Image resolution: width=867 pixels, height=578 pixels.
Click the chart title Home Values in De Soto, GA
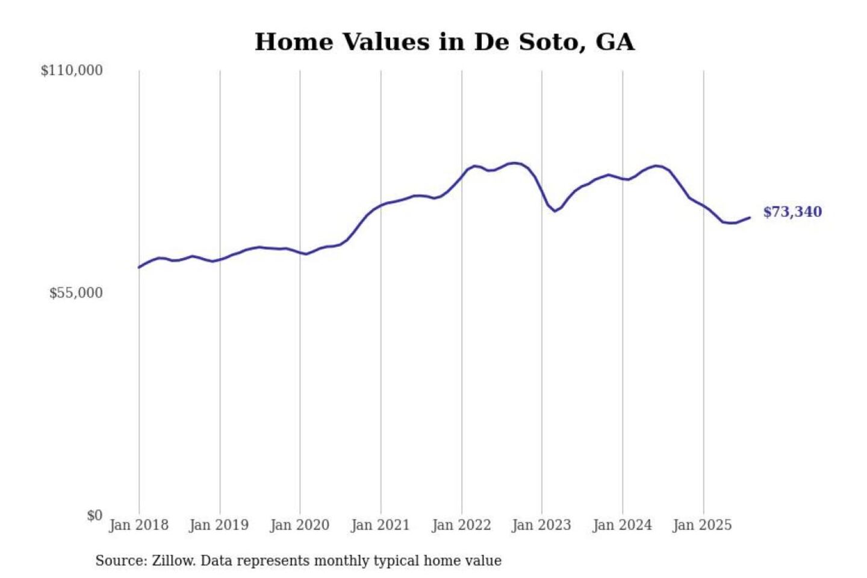coord(444,42)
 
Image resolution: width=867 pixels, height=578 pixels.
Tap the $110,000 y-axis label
coord(72,70)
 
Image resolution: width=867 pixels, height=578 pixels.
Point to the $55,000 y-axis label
coord(76,293)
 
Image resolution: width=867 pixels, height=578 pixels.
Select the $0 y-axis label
coord(95,515)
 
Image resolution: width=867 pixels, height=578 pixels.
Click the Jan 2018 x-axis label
coord(138,525)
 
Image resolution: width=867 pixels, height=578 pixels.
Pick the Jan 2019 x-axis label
coord(219,525)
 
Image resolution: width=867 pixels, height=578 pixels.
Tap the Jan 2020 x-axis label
coord(299,525)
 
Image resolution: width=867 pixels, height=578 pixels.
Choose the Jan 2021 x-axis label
coord(380,525)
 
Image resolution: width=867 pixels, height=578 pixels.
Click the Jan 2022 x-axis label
coord(461,525)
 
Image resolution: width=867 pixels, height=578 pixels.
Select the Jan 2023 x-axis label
coord(541,525)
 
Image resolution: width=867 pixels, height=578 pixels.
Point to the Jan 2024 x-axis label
coord(622,525)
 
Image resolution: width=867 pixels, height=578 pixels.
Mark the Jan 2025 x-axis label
coord(702,525)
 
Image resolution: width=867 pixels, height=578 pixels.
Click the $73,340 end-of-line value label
coord(792,212)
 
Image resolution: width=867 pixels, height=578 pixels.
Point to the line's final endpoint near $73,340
coord(750,217)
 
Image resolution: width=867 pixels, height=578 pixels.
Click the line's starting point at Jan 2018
coord(139,267)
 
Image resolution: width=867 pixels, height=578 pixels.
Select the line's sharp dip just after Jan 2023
coord(555,211)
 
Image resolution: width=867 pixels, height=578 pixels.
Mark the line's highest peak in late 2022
coord(514,163)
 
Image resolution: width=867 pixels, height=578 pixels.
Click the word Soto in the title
coord(552,42)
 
